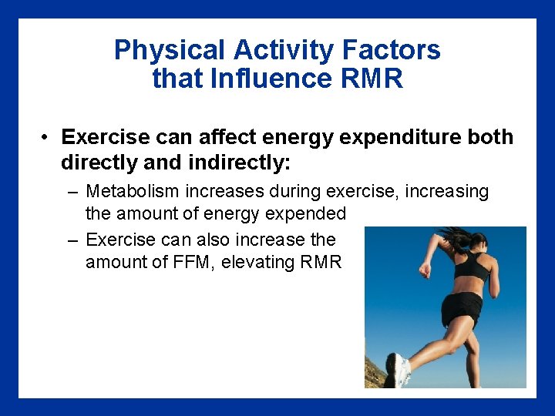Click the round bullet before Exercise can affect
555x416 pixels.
pyautogui.click(x=46, y=137)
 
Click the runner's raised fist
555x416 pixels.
pyautogui.click(x=424, y=270)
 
